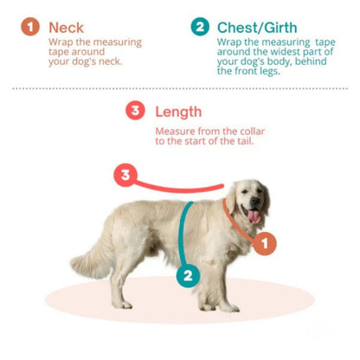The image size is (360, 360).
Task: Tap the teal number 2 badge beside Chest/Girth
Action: click(201, 28)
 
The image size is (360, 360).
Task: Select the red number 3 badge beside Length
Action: click(135, 111)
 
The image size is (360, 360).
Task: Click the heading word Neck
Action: click(67, 28)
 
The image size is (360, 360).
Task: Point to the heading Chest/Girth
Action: click(257, 28)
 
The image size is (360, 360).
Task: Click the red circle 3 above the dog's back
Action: click(125, 177)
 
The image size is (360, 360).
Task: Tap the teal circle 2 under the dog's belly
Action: click(188, 277)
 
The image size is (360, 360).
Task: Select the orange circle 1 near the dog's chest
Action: click(266, 244)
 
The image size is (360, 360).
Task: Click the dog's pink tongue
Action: click(254, 216)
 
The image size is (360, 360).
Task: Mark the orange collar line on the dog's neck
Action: click(234, 222)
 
